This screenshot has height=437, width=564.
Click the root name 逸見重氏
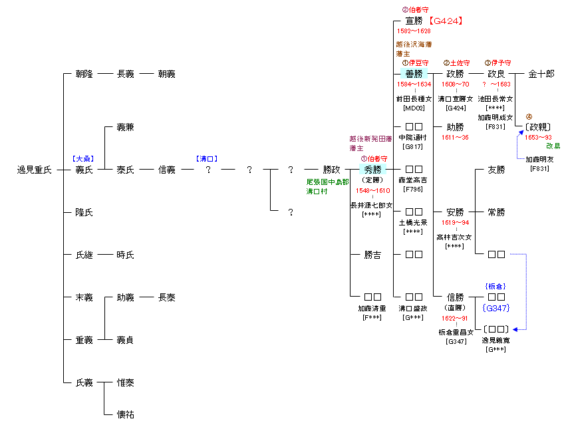coord(34,170)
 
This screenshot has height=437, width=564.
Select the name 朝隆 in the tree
coord(84,74)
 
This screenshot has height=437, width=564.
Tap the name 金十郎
coord(541,74)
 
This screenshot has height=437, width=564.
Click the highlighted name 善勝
coord(414,74)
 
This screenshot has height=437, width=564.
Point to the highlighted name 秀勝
coord(372,170)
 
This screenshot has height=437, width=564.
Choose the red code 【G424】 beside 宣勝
coord(442,21)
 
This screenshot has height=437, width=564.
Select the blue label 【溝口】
coord(208,159)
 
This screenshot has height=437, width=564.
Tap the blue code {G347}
coord(496,308)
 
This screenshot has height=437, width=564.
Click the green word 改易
coord(553,146)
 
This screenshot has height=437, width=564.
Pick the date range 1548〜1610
coord(372,191)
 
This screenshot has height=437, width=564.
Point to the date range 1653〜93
coord(538,137)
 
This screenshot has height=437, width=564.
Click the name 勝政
coord(332,170)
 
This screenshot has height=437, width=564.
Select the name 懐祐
coord(125,414)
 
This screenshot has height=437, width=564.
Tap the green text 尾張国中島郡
coord(327,182)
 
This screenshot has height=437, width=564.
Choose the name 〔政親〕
coord(538,127)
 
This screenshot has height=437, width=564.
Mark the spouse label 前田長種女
coord(414,98)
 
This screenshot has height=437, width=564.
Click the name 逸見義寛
coord(496,340)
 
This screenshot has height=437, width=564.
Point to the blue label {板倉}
coord(496,286)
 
